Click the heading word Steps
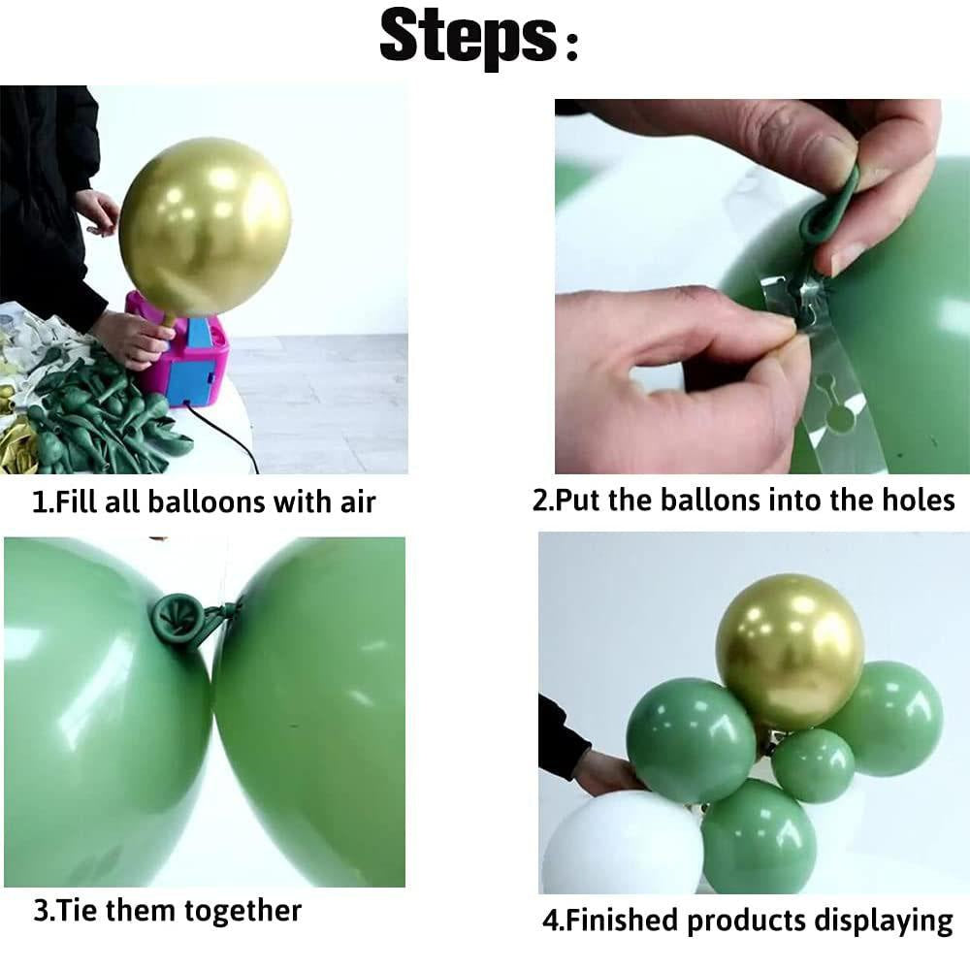pyautogui.click(x=466, y=37)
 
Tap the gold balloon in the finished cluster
pyautogui.click(x=789, y=651)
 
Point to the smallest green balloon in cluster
pyautogui.click(x=813, y=765)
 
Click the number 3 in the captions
pyautogui.click(x=39, y=912)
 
